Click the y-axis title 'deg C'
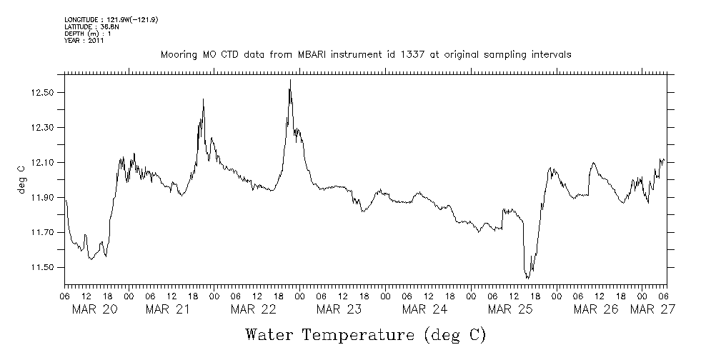coord(21,179)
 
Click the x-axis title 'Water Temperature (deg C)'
coord(364,334)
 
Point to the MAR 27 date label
coord(652,309)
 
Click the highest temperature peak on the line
coord(290,80)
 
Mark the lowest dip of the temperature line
coord(527,278)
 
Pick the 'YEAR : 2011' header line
coord(84,41)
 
